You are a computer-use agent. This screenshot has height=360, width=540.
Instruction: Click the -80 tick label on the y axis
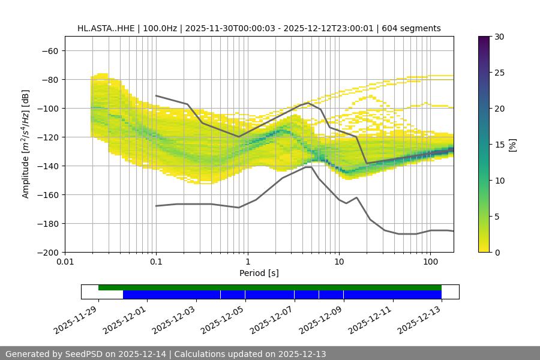point(50,79)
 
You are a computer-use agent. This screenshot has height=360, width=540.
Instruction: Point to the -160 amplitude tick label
point(47,194)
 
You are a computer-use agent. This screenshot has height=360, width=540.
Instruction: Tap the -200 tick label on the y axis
point(47,252)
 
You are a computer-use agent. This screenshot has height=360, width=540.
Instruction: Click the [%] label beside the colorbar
point(512,145)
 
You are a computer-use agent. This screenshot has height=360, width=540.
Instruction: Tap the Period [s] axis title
point(259,273)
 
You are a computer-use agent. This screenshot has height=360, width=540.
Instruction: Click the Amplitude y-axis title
point(26,144)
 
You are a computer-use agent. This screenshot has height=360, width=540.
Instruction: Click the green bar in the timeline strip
point(270,287)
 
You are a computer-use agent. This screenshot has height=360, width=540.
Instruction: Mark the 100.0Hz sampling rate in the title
point(161,28)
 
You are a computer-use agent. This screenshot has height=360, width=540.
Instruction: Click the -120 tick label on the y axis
point(47,137)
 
